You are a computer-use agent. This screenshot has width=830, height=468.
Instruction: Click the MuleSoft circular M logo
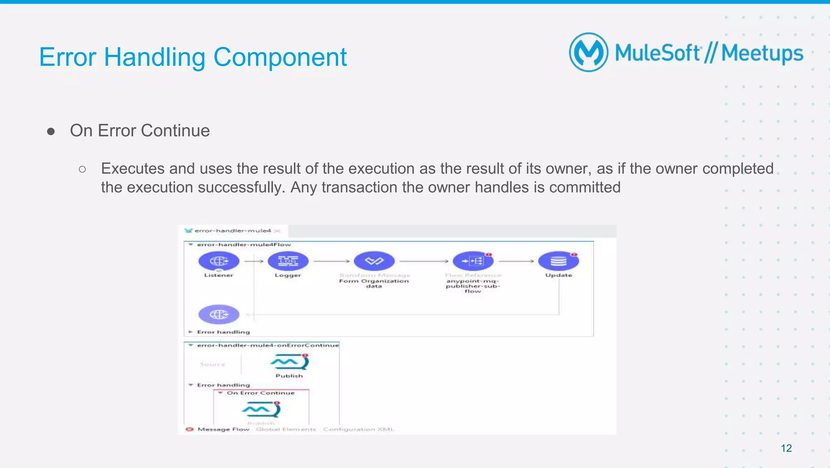point(588,53)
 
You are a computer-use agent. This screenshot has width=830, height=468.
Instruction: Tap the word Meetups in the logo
point(762,54)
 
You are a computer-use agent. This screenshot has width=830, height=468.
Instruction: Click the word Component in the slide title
point(280,57)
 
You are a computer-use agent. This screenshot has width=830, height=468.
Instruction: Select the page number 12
point(786,448)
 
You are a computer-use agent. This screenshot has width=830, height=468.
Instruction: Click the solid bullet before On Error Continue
point(51,132)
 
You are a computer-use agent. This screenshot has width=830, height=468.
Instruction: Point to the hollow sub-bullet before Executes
point(82,169)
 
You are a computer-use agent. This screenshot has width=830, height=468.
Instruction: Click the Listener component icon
point(219,261)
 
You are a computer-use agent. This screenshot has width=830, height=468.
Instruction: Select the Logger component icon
point(288,261)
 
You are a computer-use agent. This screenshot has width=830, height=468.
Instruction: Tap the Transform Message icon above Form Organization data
point(374,261)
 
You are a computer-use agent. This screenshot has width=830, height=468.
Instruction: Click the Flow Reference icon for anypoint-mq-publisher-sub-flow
point(473,261)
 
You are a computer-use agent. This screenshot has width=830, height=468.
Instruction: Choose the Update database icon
point(558,261)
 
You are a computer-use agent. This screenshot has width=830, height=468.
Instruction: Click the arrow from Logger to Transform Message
point(331,261)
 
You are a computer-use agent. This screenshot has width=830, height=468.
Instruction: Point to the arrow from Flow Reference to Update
point(516,261)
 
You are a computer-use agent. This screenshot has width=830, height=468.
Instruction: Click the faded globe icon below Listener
point(219,314)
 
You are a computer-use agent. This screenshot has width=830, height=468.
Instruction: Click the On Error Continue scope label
point(261,393)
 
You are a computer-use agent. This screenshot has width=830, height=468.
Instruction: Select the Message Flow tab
point(223,429)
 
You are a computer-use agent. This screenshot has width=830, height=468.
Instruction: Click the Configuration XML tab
point(358,429)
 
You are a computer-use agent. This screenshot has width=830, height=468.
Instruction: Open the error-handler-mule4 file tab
point(232,231)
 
